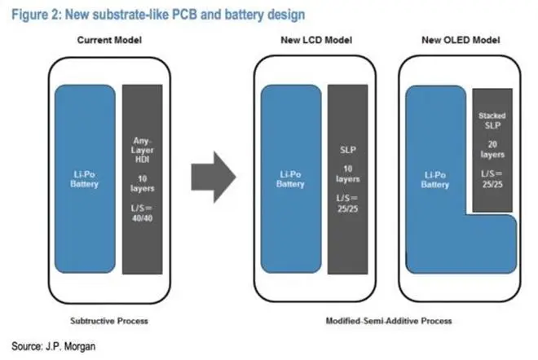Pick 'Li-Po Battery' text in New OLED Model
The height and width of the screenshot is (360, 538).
click(x=435, y=179)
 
